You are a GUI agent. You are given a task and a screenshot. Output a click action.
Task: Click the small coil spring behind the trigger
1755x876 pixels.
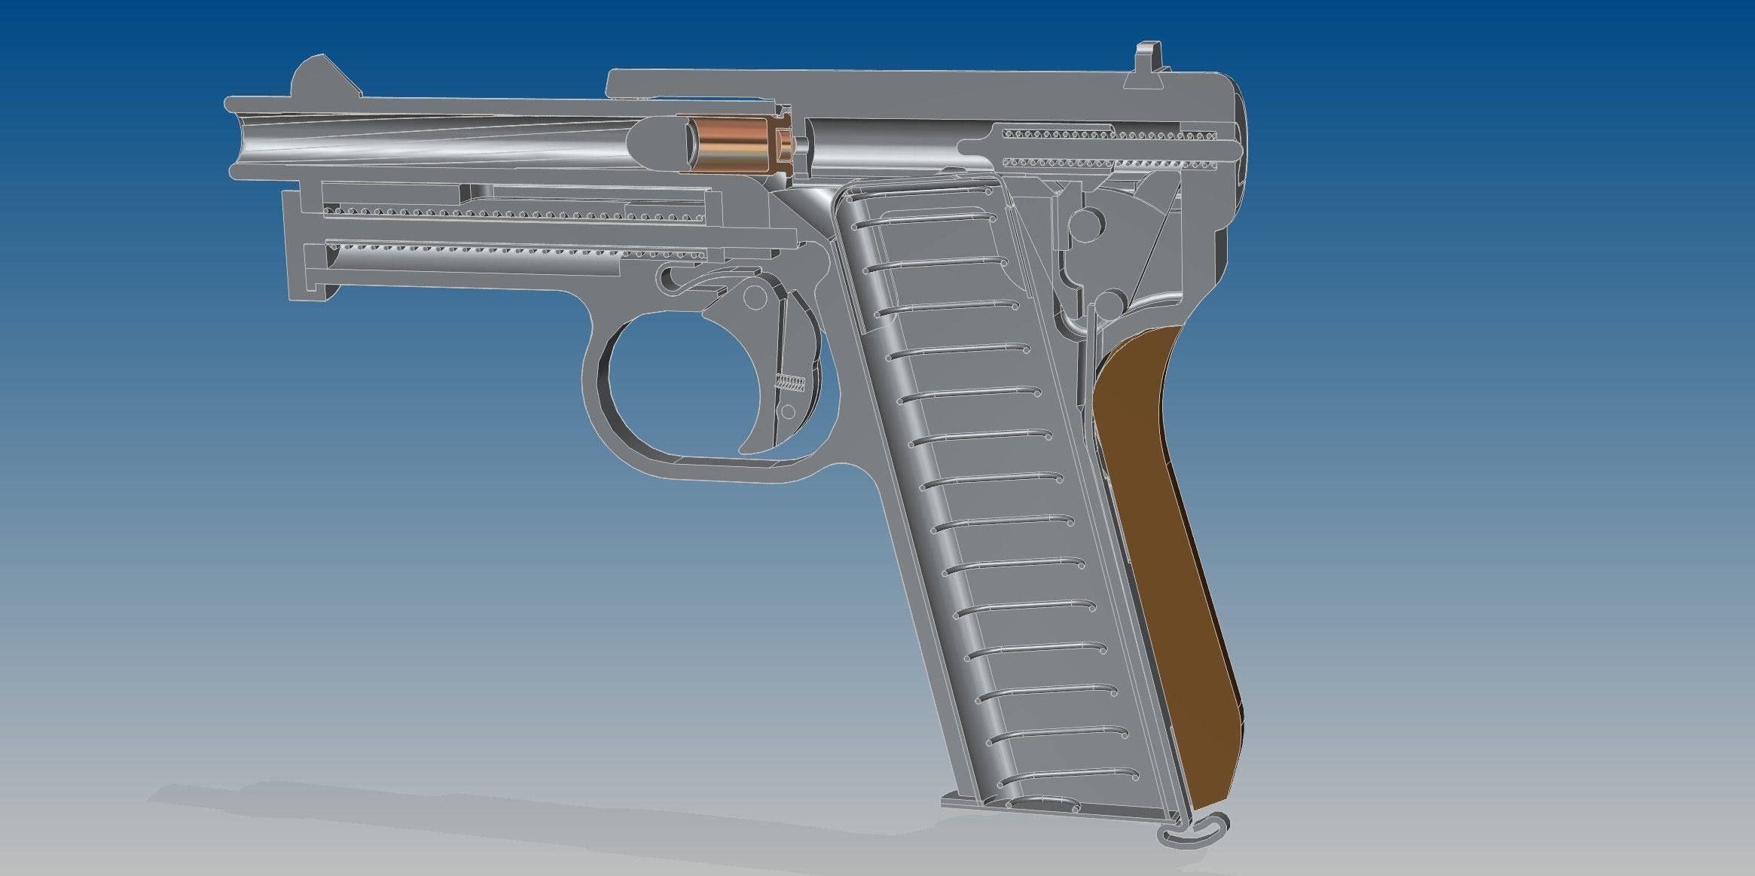coord(791,383)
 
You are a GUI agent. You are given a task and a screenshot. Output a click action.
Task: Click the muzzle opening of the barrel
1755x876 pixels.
coord(240,143)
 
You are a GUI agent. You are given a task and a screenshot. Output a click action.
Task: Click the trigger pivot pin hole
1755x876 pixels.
coord(751,301)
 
